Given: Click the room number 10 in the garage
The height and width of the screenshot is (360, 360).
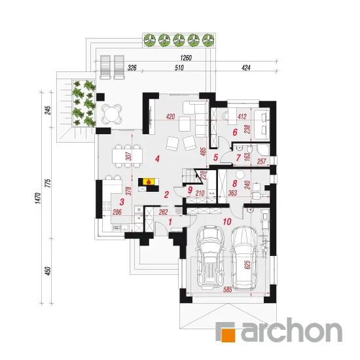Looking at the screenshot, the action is (x=227, y=221).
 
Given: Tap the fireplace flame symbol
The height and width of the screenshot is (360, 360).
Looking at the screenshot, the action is (x=149, y=182).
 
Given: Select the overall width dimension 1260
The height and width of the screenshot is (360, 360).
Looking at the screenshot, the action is (x=186, y=58).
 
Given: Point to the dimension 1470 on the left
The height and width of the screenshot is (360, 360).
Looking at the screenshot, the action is (x=38, y=198).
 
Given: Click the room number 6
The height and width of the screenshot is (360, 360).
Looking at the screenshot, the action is (x=234, y=132).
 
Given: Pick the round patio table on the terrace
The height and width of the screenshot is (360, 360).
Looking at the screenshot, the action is (x=111, y=113).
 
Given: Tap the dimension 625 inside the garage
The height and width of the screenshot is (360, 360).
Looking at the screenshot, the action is (x=247, y=265).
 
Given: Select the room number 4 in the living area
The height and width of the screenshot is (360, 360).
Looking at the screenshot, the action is (x=157, y=158).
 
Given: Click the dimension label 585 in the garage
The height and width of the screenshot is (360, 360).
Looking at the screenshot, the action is (x=228, y=289).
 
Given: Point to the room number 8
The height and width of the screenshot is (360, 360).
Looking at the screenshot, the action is (x=234, y=183).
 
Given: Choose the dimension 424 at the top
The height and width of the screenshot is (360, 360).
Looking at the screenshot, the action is (x=246, y=67).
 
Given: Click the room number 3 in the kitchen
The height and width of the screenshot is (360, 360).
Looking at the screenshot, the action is (x=122, y=202).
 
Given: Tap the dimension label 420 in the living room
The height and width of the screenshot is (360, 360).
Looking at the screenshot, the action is (x=170, y=117).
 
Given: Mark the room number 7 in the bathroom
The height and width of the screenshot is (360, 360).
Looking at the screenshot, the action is (x=238, y=158).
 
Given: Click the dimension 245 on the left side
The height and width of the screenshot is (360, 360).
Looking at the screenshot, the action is (x=48, y=111).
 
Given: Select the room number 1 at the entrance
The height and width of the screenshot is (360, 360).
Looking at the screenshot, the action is (x=170, y=222).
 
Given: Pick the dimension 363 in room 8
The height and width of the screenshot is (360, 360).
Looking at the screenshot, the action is (x=232, y=193).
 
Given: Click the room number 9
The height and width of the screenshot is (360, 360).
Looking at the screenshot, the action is (x=190, y=190).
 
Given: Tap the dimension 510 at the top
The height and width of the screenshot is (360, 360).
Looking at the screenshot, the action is (x=179, y=67).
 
